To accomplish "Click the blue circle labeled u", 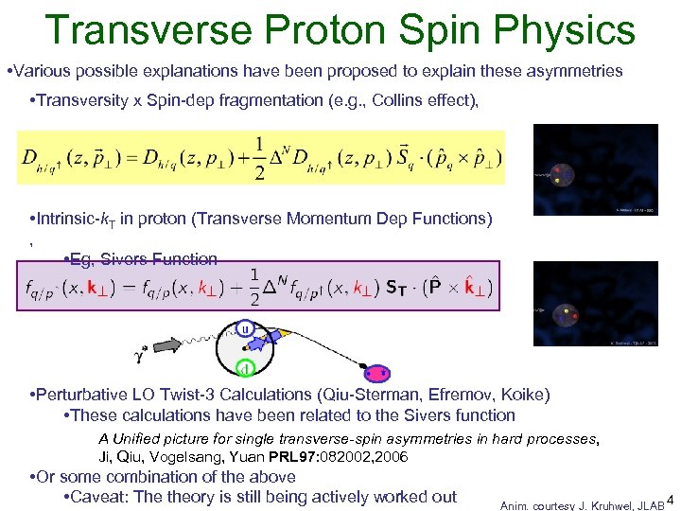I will pos(245,330).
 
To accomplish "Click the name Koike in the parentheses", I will pos(524,395).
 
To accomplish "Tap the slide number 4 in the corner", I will pos(671,500).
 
